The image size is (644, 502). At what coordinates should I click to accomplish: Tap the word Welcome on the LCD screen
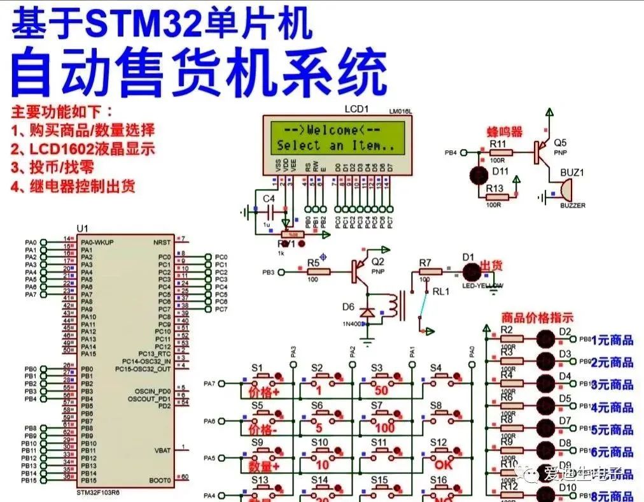tap(332, 130)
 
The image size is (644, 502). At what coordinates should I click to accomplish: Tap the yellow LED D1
tap(472, 272)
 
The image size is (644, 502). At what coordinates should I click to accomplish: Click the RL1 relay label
tap(441, 291)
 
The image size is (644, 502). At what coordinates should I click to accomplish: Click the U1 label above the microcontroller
tap(82, 229)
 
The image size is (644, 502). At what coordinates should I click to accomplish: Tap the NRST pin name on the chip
tap(162, 242)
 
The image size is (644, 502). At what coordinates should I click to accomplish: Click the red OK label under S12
tap(443, 465)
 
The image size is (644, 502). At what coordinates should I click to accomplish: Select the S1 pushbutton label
tap(257, 368)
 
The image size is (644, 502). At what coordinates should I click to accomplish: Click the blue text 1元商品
tap(612, 340)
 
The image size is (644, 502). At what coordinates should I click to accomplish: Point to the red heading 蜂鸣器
tap(505, 131)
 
